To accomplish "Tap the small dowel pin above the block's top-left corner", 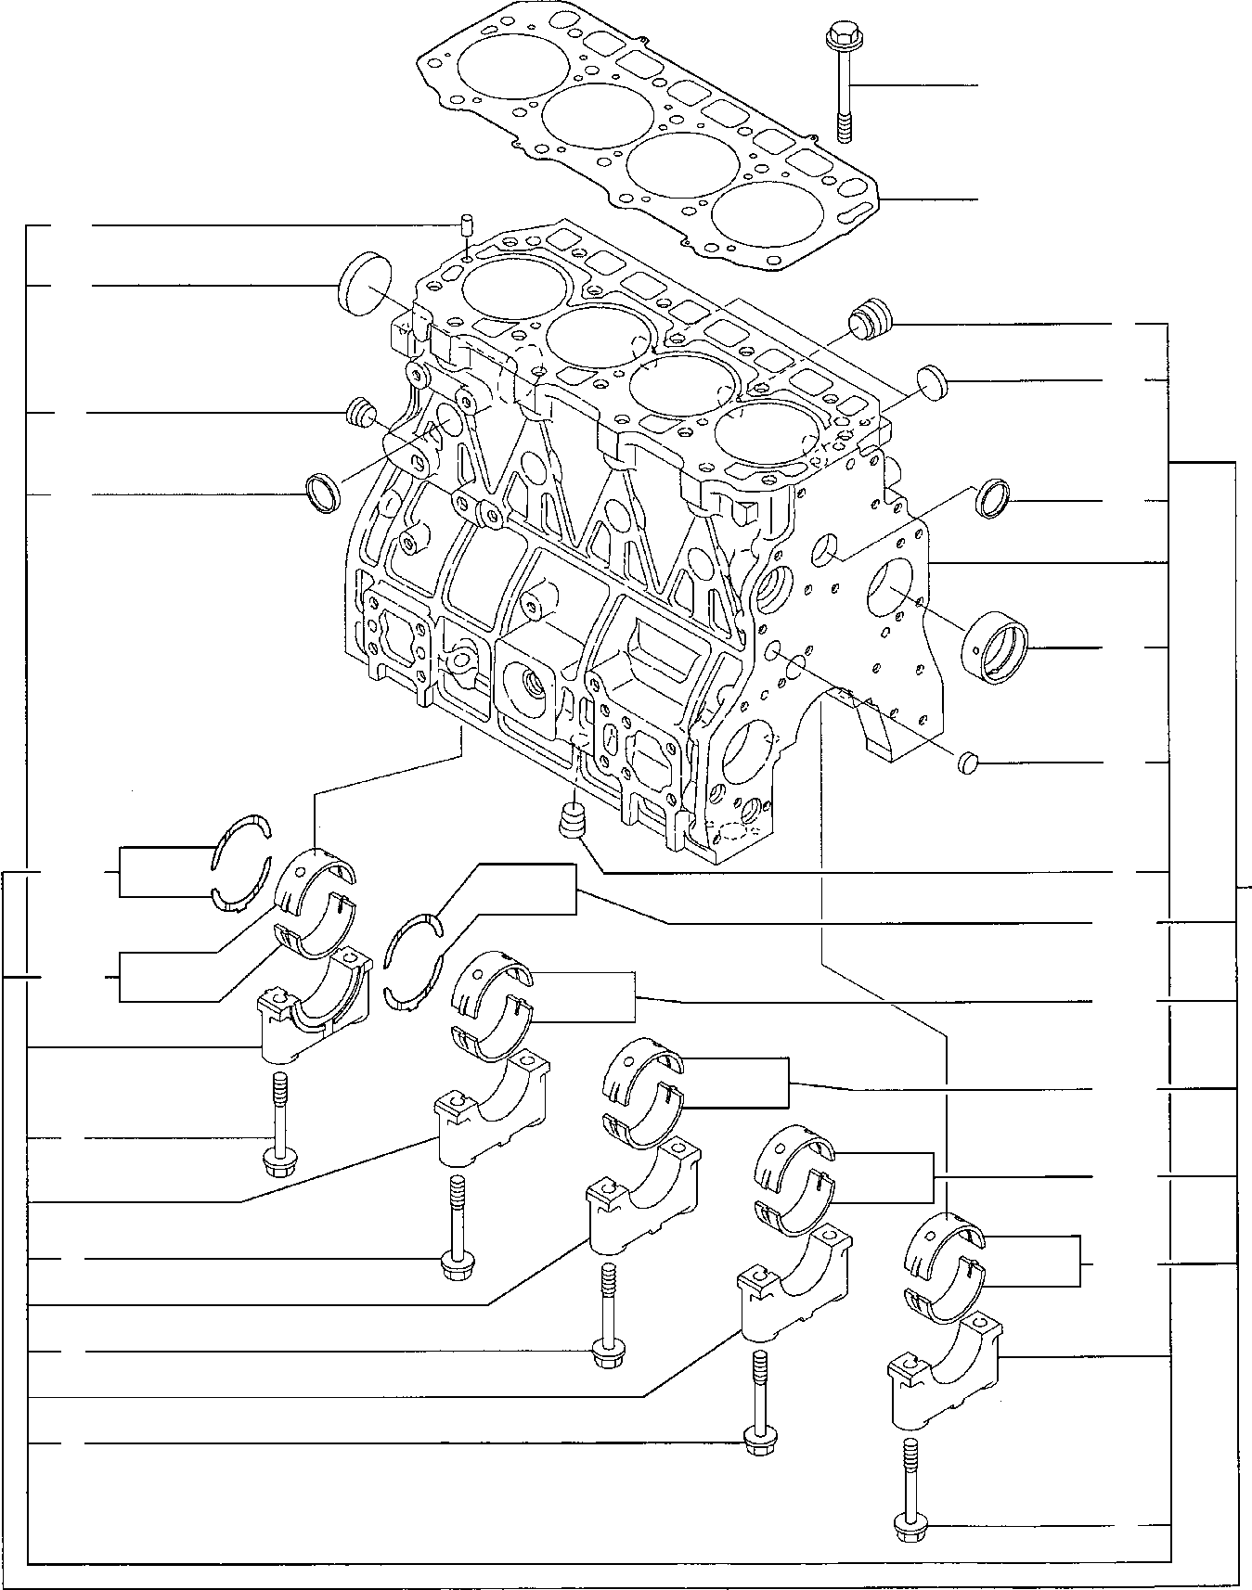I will (467, 224).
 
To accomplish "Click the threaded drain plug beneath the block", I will (574, 820).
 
